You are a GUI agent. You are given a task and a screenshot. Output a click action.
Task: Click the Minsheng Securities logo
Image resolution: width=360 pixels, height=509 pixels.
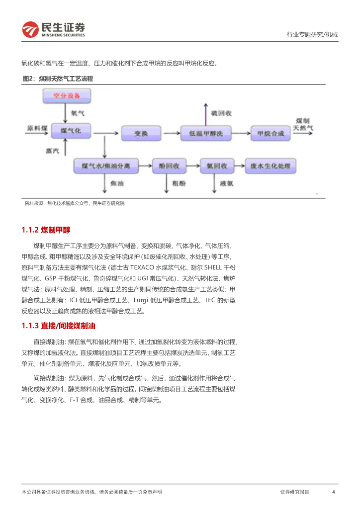[x=53, y=29]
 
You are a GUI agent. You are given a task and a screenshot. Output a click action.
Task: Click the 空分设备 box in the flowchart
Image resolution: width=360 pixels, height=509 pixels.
[x=67, y=95]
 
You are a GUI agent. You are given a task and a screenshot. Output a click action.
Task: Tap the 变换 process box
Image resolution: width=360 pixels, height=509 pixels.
[x=141, y=133]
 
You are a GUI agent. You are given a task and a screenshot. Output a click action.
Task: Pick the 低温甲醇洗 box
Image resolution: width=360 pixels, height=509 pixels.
[x=205, y=133]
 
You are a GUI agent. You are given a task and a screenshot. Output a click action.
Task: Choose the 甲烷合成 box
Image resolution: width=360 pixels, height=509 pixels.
[x=270, y=133]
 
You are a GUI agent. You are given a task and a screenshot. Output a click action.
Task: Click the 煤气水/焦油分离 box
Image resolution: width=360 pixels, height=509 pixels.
[x=105, y=166]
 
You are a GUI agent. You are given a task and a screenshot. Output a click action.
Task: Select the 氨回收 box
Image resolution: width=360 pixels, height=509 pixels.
[x=216, y=166]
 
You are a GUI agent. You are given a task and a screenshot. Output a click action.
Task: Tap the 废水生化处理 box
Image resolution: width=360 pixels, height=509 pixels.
[x=270, y=166]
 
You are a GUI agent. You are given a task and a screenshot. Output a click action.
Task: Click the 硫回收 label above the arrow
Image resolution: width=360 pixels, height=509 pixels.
[x=221, y=113]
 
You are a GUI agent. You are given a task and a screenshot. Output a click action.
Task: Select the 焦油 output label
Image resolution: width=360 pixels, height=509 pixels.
[x=117, y=183]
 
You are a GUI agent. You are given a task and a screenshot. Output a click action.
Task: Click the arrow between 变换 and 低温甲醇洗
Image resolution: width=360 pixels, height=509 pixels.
[x=172, y=133]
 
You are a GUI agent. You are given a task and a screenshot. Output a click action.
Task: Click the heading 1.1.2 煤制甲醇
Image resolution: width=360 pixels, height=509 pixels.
[x=46, y=230]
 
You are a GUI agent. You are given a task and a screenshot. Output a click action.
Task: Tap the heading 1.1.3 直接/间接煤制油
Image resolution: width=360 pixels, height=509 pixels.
[x=58, y=326]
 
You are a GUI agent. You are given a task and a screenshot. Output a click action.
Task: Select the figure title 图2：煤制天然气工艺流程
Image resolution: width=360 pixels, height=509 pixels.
[x=58, y=79]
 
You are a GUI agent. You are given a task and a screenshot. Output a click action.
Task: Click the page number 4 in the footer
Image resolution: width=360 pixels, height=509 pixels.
[x=333, y=492]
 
